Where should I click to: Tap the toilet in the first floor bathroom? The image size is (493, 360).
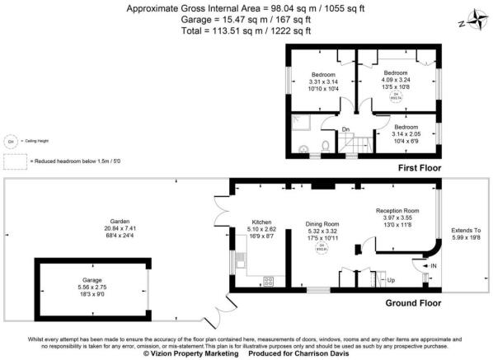326,145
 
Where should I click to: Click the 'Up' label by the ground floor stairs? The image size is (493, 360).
391,280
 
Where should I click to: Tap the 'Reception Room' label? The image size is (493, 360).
397,210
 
